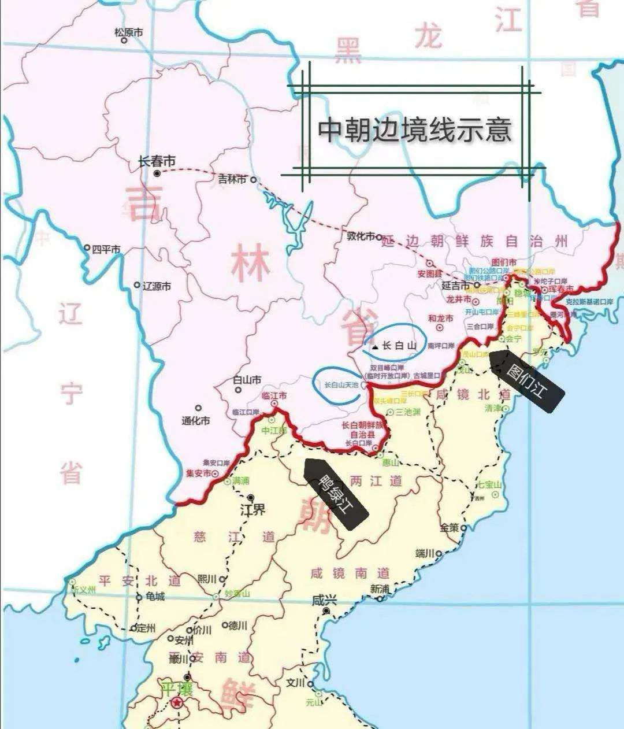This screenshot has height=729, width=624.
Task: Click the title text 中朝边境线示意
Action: coord(415,129)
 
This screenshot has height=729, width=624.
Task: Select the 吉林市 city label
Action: coord(231,179)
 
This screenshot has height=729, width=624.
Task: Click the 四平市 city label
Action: coord(106,249)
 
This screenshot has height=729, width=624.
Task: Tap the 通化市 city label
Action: coord(196,421)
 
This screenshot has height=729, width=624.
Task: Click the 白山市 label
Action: coord(247,380)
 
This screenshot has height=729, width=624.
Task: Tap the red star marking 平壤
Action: coord(176,704)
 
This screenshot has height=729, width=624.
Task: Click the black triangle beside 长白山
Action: coord(376,347)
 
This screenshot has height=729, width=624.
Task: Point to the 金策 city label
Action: coord(449,528)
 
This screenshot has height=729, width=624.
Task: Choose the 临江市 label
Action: coord(274,397)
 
